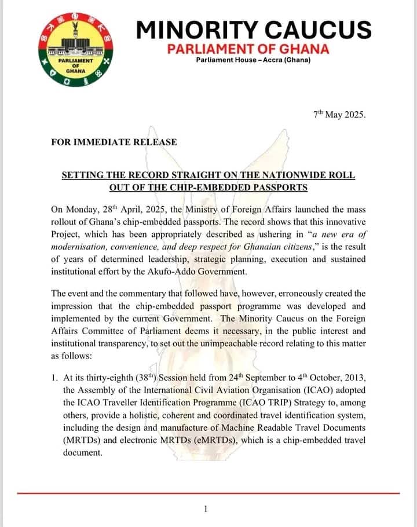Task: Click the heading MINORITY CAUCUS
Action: [253, 30]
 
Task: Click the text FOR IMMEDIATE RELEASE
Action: [114, 142]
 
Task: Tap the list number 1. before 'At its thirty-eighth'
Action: [55, 378]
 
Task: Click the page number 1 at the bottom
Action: [206, 509]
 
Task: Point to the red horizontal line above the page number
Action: [209, 493]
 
